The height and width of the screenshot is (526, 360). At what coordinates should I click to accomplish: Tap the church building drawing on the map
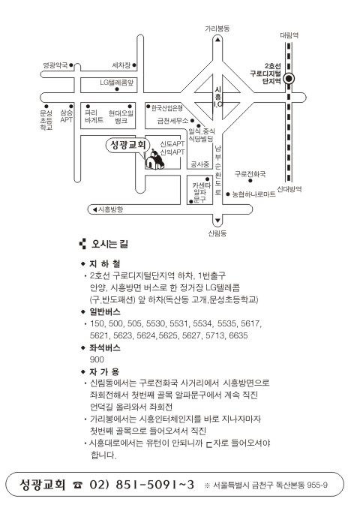click(154, 160)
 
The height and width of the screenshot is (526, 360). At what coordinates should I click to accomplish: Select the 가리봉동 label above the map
click(217, 29)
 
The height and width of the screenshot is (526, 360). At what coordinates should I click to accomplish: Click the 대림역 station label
click(289, 35)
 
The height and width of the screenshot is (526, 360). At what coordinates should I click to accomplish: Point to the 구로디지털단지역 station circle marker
click(289, 79)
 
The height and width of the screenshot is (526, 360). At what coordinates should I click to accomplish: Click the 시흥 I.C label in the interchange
click(218, 97)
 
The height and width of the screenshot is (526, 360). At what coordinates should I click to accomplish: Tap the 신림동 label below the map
click(217, 233)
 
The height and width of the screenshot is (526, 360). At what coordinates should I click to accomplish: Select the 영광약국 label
click(55, 65)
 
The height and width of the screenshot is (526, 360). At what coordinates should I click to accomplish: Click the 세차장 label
click(121, 65)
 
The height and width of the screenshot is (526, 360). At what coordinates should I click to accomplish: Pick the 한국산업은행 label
click(167, 108)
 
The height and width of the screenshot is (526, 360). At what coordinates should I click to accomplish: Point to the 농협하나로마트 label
click(253, 194)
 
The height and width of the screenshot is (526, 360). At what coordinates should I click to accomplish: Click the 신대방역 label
click(289, 189)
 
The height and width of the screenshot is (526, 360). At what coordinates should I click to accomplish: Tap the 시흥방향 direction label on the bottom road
click(110, 209)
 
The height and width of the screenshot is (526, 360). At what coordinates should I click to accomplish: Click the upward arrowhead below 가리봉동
click(217, 40)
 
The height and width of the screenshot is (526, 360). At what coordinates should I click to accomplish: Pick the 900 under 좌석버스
click(97, 359)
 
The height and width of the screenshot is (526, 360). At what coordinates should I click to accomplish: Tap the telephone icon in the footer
click(77, 485)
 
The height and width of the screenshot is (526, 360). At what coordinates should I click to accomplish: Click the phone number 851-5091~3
click(154, 485)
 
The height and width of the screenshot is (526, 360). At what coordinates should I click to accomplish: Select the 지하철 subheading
click(104, 263)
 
